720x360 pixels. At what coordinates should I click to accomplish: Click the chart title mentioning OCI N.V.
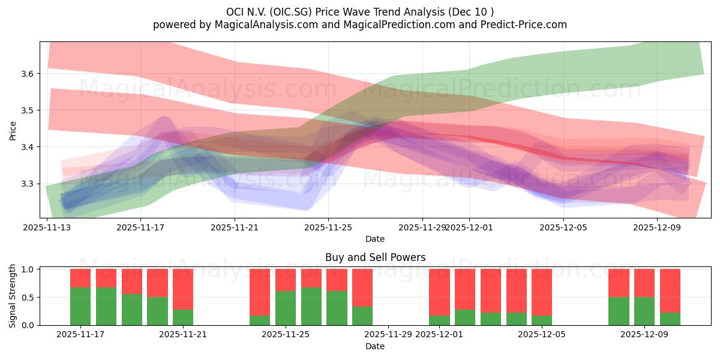click(x=360, y=12)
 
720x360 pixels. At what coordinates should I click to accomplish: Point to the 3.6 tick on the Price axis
click(x=29, y=74)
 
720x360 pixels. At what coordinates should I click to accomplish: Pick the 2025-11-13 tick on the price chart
click(x=47, y=227)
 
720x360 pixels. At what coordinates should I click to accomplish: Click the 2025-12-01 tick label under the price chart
click(x=469, y=227)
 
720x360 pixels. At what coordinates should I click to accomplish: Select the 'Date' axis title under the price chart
click(x=375, y=239)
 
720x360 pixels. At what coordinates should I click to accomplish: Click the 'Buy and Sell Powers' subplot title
click(x=375, y=257)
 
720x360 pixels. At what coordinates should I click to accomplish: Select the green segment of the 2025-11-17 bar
click(x=80, y=307)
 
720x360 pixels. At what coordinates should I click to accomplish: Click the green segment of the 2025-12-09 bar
click(x=644, y=311)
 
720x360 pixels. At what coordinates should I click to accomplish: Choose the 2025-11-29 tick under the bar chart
click(x=388, y=334)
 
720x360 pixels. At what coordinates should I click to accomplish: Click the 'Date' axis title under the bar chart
click(x=375, y=346)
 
